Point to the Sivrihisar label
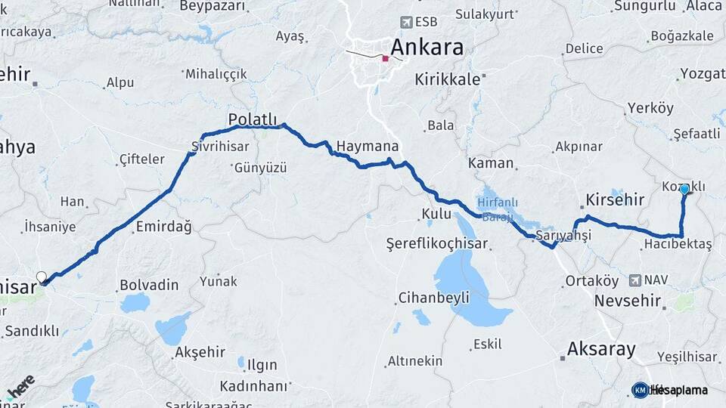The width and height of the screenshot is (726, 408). pyautogui.click(x=220, y=146)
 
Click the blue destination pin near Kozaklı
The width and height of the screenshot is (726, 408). pyautogui.click(x=684, y=189)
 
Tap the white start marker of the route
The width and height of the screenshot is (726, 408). pyautogui.click(x=42, y=277)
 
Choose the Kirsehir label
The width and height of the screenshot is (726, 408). pyautogui.click(x=615, y=199)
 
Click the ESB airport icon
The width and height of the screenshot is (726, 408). pyautogui.click(x=408, y=21)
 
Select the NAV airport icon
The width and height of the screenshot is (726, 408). pyautogui.click(x=634, y=280)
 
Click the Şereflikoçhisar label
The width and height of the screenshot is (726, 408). pyautogui.click(x=437, y=244)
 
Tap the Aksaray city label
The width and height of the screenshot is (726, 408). pyautogui.click(x=601, y=349)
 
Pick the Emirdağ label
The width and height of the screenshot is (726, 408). pyautogui.click(x=163, y=226)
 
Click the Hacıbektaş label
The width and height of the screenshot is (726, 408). pyautogui.click(x=678, y=244)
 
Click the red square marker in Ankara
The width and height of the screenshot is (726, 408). pyautogui.click(x=386, y=58)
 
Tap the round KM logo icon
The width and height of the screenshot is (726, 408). pyautogui.click(x=640, y=390)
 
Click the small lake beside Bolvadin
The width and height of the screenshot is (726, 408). pyautogui.click(x=135, y=303)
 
